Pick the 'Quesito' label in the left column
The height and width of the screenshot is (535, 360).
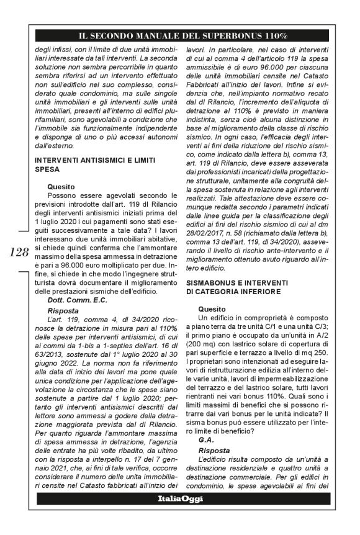tap(60, 186)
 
